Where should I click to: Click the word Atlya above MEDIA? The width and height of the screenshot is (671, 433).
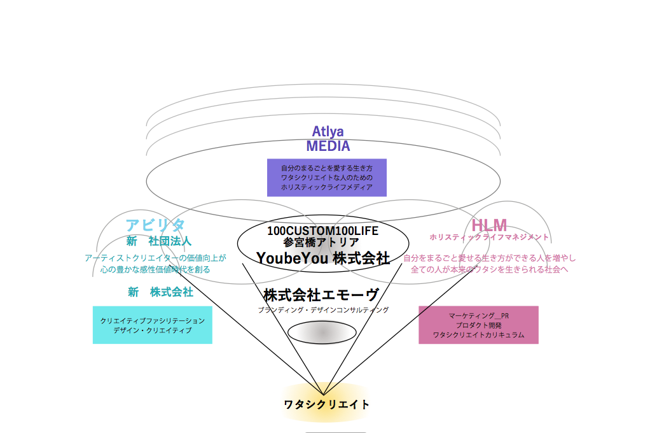(x=328, y=132)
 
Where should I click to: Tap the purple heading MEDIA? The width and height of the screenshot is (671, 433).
(x=328, y=146)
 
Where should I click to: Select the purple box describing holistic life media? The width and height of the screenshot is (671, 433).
(x=326, y=178)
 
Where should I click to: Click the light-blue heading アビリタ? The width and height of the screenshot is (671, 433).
(x=155, y=225)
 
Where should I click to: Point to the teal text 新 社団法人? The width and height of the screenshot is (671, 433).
(x=159, y=241)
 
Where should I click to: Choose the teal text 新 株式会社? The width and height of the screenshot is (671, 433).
(x=160, y=292)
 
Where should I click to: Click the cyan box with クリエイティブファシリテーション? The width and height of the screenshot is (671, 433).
(x=153, y=325)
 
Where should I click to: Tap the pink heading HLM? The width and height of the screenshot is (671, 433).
(x=489, y=225)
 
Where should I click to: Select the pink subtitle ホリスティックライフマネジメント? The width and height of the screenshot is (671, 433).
(x=489, y=238)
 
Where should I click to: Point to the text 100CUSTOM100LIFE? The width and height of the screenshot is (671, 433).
(x=322, y=231)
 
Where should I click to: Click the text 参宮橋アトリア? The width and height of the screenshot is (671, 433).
(x=321, y=243)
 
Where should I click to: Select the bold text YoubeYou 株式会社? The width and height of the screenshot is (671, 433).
(x=323, y=258)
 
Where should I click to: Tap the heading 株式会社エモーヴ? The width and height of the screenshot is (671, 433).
(x=321, y=295)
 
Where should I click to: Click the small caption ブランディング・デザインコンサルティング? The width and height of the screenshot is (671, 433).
(x=322, y=310)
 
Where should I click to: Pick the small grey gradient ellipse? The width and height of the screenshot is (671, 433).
(x=322, y=333)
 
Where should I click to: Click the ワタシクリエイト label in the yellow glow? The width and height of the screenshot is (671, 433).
(x=326, y=404)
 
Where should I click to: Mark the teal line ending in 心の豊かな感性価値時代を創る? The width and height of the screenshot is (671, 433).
(x=155, y=269)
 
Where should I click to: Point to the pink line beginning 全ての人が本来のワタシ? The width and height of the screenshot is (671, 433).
(x=489, y=269)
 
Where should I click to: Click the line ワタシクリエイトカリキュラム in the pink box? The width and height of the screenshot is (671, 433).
(x=478, y=335)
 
